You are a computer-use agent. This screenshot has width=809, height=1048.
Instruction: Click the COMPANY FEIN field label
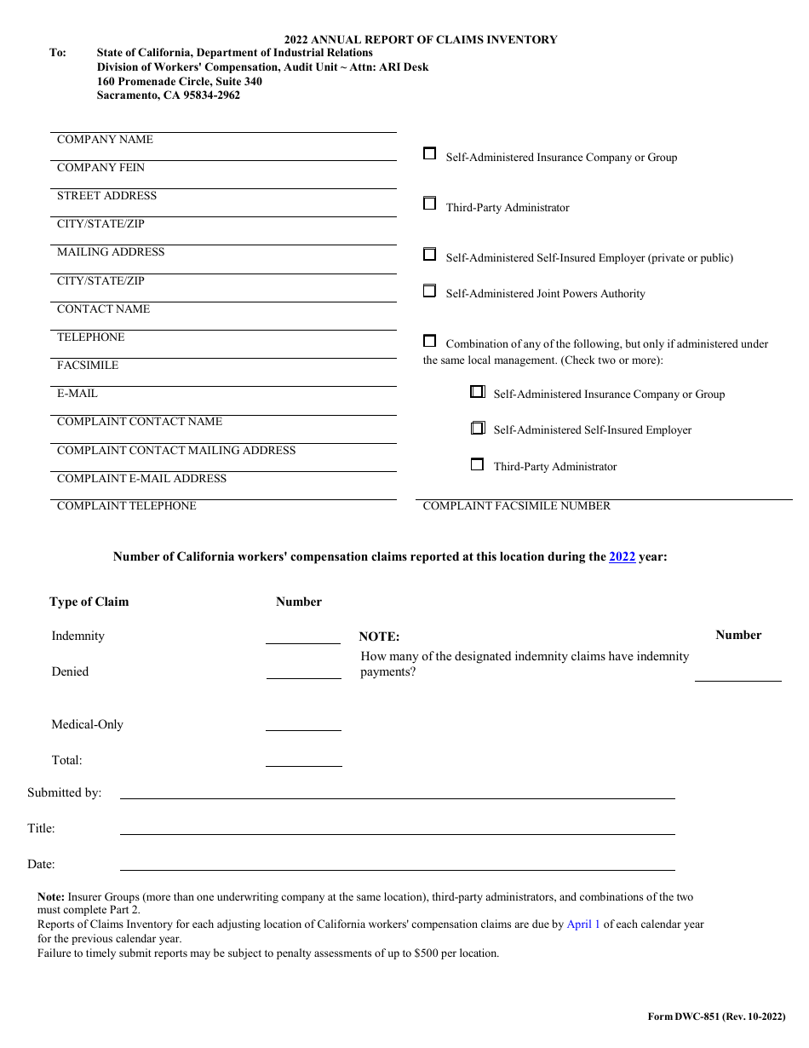100,168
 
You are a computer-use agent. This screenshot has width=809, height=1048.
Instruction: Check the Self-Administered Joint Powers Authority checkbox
430,291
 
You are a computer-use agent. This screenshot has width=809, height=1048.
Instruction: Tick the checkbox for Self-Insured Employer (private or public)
430,255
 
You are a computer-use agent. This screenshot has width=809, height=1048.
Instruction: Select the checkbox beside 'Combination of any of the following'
430,341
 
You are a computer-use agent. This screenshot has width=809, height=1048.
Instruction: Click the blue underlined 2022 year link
622,557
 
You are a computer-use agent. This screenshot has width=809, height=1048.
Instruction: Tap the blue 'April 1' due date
583,924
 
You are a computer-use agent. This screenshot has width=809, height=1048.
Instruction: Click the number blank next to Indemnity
303,636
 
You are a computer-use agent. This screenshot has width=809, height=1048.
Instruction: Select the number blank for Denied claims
303,671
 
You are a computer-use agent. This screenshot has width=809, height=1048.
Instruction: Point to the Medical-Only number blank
303,723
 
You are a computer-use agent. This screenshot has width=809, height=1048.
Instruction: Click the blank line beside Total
303,759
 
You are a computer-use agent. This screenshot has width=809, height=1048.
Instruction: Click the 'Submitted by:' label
65,793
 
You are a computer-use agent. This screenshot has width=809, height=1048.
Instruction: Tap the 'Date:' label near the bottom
41,865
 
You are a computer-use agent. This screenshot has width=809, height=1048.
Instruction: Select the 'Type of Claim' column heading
89,602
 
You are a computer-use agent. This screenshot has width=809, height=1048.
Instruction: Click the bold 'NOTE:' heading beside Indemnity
379,636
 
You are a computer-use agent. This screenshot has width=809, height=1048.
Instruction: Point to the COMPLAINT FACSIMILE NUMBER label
517,506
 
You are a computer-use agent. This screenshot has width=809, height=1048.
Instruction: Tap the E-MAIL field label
77,394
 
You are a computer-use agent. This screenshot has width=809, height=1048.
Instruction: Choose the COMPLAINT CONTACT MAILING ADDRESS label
176,451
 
